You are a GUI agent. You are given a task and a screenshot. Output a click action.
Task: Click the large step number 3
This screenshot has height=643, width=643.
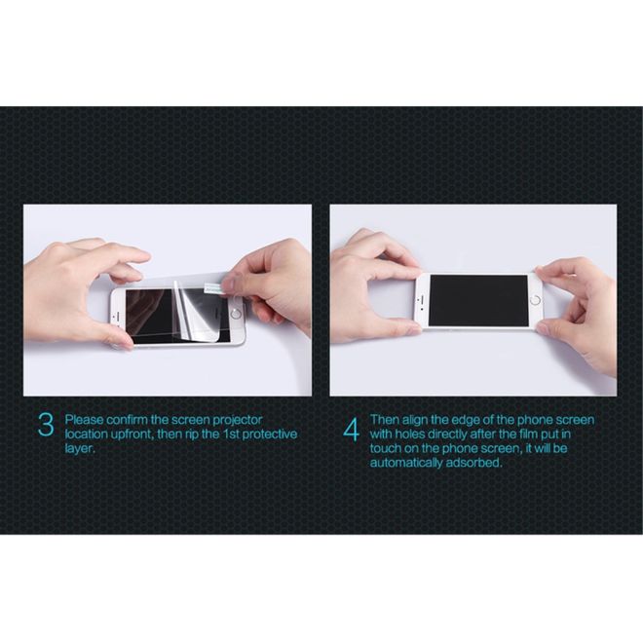point(45,426)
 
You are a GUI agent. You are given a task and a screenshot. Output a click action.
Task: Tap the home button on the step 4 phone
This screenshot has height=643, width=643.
point(534,300)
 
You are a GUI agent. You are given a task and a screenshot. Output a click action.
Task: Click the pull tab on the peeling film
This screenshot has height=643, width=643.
point(211,286)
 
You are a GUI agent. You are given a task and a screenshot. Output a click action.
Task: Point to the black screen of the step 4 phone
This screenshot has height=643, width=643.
point(477,300)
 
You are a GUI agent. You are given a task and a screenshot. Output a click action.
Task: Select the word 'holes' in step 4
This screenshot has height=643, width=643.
point(414,434)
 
